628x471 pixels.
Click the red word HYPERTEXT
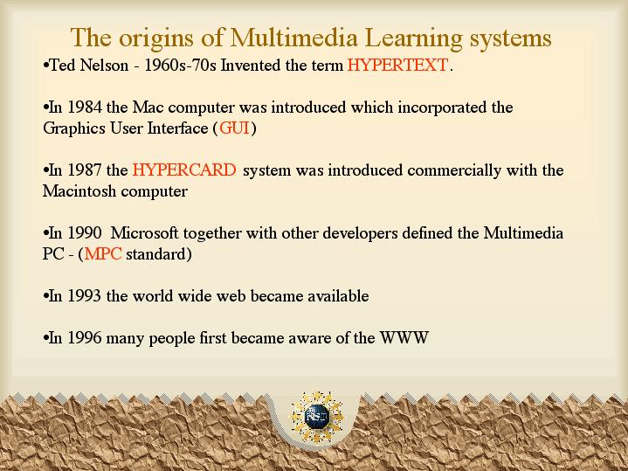pos(397,65)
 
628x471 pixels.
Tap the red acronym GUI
pos(234,128)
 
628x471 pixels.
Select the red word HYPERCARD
pos(184,170)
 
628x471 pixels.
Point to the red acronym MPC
pos(103,253)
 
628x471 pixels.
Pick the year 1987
pos(84,170)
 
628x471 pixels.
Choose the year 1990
pos(84,233)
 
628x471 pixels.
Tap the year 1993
pos(84,296)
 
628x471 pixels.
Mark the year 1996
pos(84,337)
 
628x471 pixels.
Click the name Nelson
pos(104,65)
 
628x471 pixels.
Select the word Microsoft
pos(144,233)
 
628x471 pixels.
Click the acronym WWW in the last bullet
pos(404,337)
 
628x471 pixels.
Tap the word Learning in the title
pos(414,38)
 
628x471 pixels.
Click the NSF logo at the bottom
pos(317,417)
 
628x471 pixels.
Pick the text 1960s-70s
pos(180,65)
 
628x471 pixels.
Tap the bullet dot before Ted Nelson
pos(45,66)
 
